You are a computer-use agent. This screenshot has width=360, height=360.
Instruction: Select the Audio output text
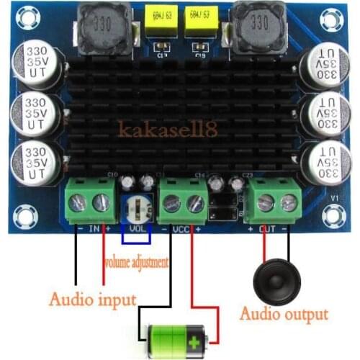coord(283,314)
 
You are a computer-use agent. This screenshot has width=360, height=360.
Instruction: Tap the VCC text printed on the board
coord(181,230)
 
